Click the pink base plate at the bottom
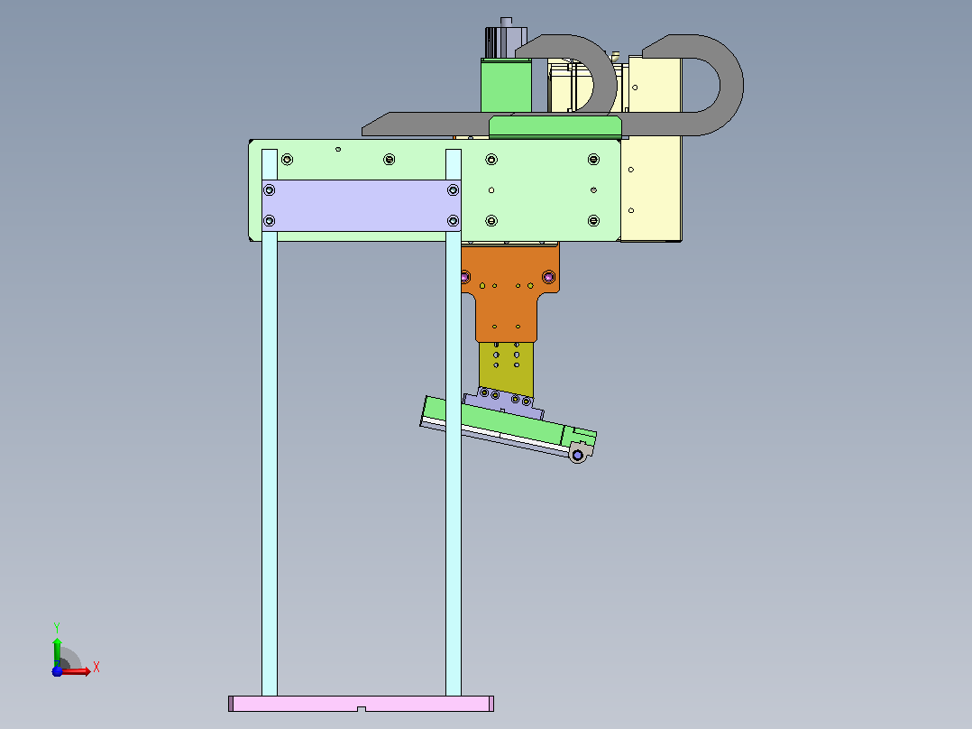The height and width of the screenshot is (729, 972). point(362,703)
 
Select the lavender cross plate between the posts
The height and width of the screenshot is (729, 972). point(362,206)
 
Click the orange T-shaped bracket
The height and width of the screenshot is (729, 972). point(509,291)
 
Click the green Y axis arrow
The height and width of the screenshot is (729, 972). point(57,652)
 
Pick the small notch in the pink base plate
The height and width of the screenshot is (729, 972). point(362,708)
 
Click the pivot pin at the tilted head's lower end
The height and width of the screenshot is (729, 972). point(578,456)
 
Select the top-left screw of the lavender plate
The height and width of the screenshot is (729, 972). point(269,189)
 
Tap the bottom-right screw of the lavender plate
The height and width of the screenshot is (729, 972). point(454,221)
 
